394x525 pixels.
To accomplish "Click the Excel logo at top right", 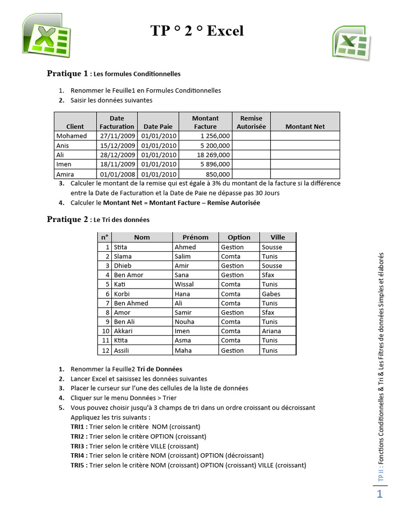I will click(351, 41).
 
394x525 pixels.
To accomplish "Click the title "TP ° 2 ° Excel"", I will click(197, 31).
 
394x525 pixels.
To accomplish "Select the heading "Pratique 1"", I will click(68, 73).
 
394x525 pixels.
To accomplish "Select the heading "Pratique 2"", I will click(68, 219).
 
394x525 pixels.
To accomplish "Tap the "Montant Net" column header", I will click(305, 127).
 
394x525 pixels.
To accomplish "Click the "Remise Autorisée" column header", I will click(251, 122).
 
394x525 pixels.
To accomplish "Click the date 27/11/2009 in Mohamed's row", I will click(117, 136).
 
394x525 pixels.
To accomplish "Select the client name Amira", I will click(65, 174).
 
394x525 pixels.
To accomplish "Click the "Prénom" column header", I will click(195, 237).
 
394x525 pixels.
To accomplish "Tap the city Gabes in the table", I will click(270, 294).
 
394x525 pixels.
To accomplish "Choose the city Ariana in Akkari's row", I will click(271, 331).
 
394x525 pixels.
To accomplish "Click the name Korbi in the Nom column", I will click(123, 294).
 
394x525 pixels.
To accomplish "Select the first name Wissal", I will click(184, 284).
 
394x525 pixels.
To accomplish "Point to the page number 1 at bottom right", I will click(380, 494).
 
